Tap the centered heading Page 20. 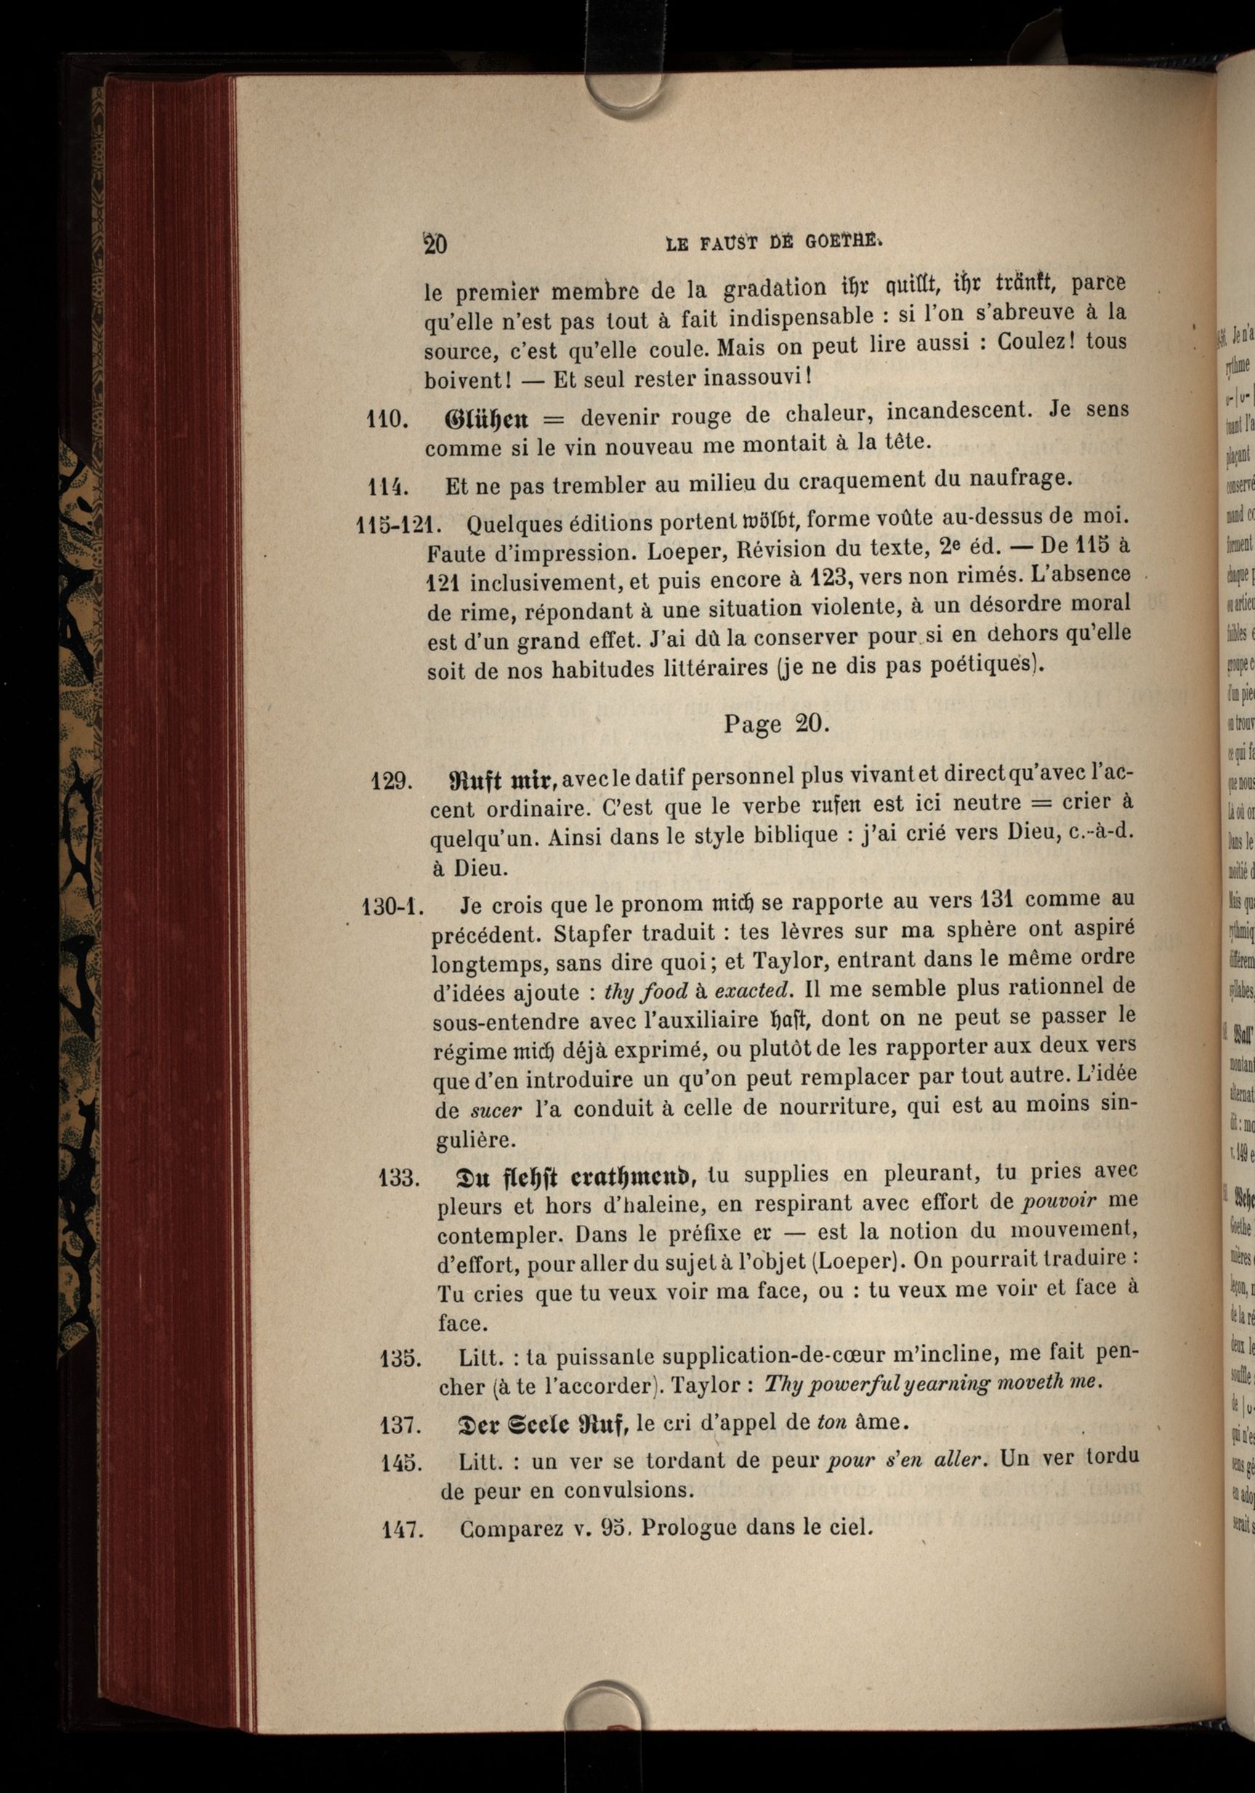point(773,723)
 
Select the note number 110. point(388,419)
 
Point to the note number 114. point(389,486)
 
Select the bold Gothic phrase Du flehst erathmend point(578,1176)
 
